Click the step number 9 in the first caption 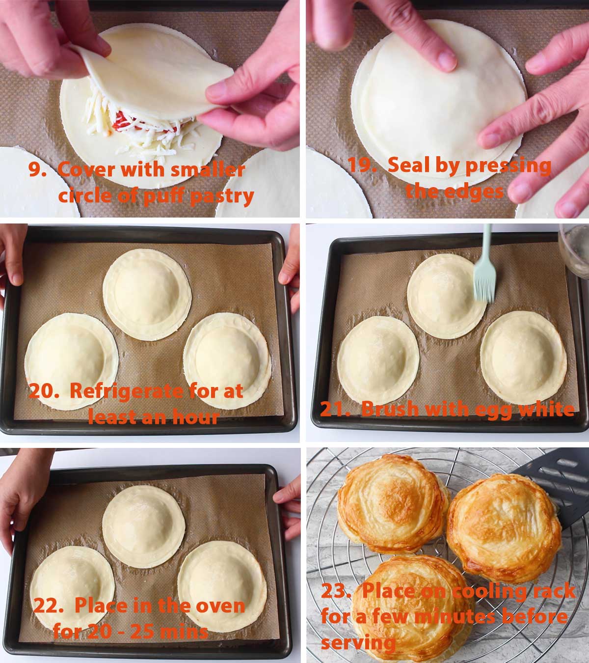click(36, 169)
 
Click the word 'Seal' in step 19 click(406, 166)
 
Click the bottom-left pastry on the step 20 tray click(72, 360)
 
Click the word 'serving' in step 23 click(358, 642)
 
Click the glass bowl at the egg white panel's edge click(574, 250)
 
